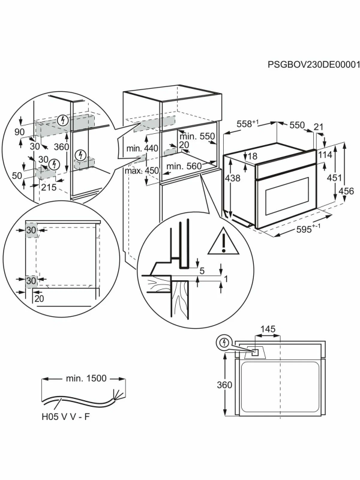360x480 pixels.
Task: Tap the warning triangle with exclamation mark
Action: coord(223,241)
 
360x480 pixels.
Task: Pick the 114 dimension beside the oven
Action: coord(326,155)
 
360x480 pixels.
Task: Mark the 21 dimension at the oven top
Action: coord(319,127)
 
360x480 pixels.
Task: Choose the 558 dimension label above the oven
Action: coord(248,124)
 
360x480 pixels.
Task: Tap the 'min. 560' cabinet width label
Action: coord(184,166)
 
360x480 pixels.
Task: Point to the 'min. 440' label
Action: coord(142,148)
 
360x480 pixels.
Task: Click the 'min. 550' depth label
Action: coord(199,137)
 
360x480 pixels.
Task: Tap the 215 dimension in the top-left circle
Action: coord(49,188)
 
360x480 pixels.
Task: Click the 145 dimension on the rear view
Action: coord(268,329)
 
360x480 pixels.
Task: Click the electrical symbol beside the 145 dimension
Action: coord(224,343)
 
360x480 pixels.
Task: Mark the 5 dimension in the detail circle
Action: coord(202,271)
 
